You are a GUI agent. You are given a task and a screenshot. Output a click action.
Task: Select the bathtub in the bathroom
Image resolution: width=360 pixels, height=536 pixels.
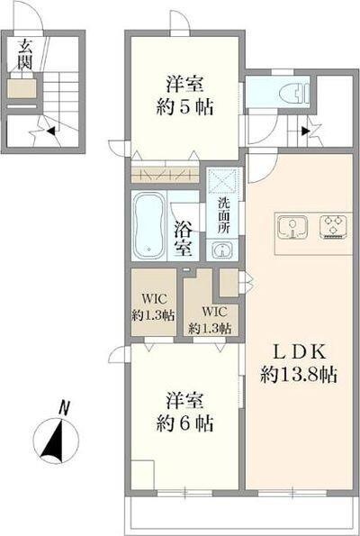point(147,225)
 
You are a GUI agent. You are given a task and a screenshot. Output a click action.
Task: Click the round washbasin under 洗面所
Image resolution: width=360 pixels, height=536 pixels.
point(221,250)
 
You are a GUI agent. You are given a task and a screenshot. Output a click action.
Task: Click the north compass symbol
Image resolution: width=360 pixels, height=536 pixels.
point(56,441)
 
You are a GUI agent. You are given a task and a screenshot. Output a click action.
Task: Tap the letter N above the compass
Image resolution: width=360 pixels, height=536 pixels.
point(63,407)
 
